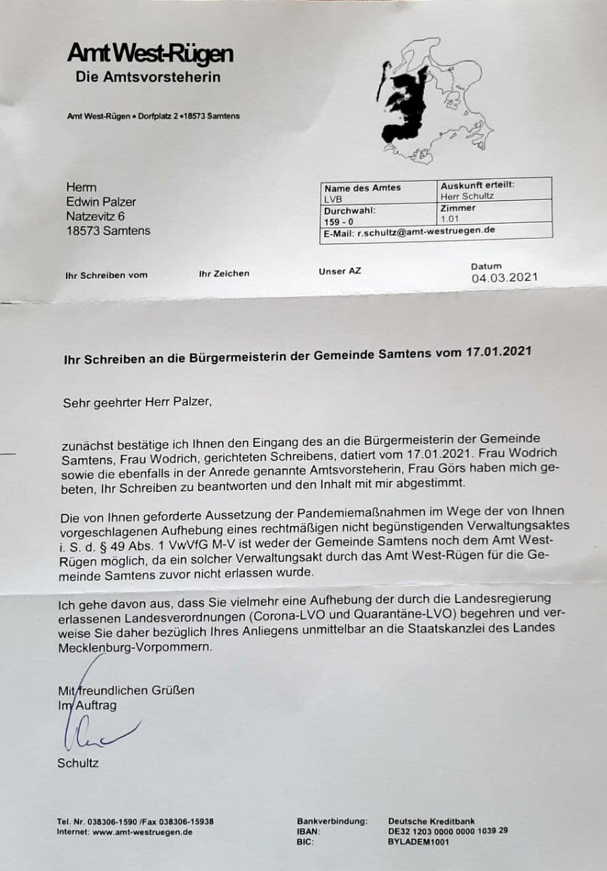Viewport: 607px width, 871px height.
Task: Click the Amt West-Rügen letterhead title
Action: (x=150, y=53)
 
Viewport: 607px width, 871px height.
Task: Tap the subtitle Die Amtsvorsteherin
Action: (x=148, y=77)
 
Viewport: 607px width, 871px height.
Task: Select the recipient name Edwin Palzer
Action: (x=101, y=202)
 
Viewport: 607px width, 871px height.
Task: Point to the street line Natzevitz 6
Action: (x=100, y=216)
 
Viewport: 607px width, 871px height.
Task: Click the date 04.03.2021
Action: (x=504, y=278)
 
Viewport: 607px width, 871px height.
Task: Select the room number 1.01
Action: (x=450, y=219)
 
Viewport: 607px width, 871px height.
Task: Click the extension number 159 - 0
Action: (x=338, y=222)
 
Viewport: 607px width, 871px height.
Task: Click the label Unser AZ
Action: (x=340, y=272)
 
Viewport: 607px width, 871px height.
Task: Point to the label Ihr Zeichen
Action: (x=224, y=274)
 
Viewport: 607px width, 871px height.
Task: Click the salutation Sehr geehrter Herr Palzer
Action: (x=137, y=402)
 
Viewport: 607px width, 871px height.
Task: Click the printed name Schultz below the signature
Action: (x=78, y=763)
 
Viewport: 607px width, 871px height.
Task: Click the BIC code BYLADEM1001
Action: (x=419, y=842)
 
